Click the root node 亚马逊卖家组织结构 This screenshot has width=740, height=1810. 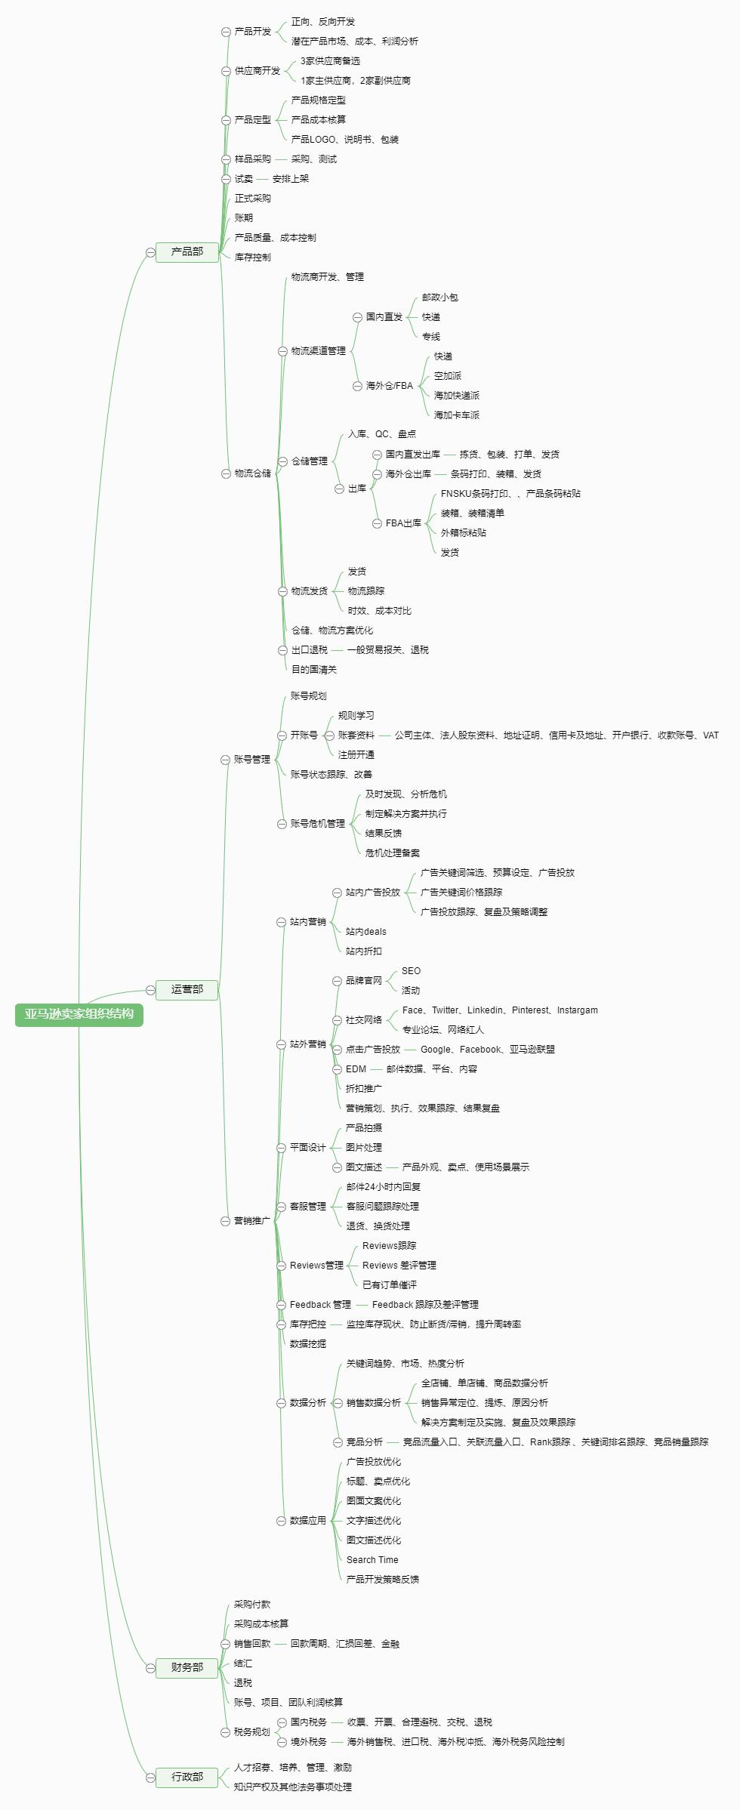(x=79, y=1014)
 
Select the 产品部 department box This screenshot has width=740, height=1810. (x=187, y=251)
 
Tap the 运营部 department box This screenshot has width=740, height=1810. (x=187, y=989)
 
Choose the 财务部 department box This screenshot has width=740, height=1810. (x=187, y=1667)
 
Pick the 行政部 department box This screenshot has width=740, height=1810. (x=187, y=1776)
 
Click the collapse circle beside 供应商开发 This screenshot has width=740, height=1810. (x=226, y=71)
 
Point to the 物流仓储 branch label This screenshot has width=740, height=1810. (x=252, y=473)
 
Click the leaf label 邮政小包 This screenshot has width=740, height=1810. (x=439, y=298)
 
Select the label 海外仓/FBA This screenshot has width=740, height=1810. (x=389, y=386)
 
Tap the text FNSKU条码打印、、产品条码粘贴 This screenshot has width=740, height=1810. (x=510, y=494)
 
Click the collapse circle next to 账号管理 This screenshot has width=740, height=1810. (x=225, y=760)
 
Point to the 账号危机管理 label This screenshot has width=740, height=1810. (x=317, y=824)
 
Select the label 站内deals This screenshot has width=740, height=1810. (x=365, y=932)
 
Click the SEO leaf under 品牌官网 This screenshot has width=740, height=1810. (x=411, y=971)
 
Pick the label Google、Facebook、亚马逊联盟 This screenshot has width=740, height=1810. (x=487, y=1050)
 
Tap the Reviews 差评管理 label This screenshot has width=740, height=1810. (x=399, y=1266)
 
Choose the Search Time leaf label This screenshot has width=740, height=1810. (x=372, y=1560)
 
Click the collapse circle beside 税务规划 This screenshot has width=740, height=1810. (x=225, y=1732)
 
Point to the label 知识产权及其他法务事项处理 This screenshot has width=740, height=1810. (x=292, y=1787)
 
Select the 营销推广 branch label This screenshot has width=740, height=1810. (x=251, y=1221)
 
